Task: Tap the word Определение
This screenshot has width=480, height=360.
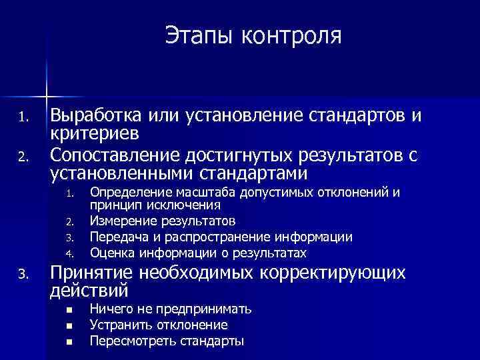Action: pyautogui.click(x=125, y=193)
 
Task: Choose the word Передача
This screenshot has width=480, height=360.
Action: pyautogui.click(x=117, y=237)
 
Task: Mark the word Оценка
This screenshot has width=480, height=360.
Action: pyautogui.click(x=111, y=253)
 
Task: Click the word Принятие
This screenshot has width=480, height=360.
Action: pyautogui.click(x=93, y=275)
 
